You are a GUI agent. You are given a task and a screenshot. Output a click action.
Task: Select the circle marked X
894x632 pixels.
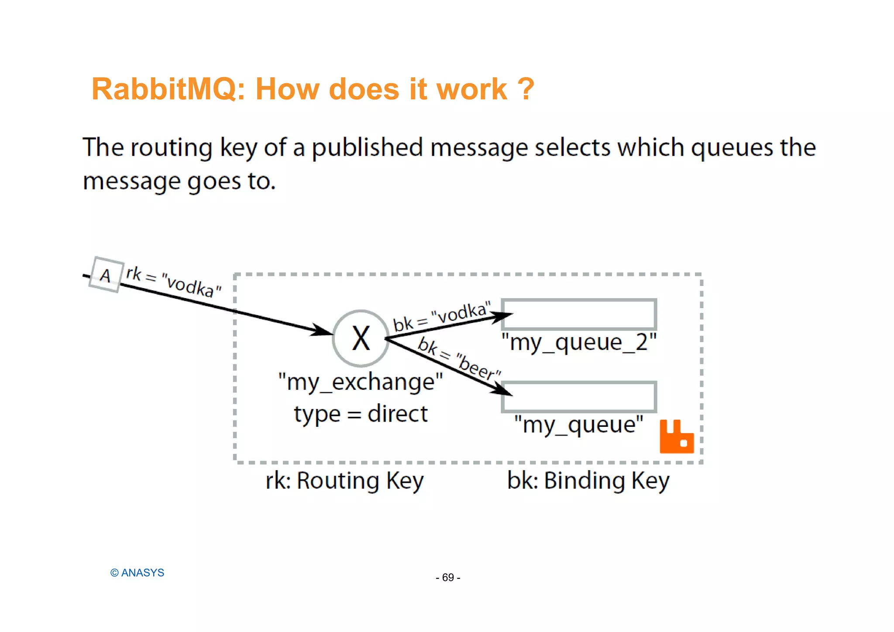tap(361, 338)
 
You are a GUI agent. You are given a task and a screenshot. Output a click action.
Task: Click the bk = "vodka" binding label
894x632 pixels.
tap(441, 316)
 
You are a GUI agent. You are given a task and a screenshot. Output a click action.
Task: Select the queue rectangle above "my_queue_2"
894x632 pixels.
tap(579, 314)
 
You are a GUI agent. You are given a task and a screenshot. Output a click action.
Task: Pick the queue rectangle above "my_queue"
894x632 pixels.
tap(579, 397)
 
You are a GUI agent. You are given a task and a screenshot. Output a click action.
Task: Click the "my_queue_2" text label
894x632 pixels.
tap(579, 342)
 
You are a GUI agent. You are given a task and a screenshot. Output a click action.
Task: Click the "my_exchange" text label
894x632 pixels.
tap(361, 382)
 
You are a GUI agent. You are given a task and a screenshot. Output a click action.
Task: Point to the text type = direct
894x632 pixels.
tap(361, 414)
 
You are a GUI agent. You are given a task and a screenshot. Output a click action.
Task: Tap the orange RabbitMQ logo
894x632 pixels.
tap(676, 436)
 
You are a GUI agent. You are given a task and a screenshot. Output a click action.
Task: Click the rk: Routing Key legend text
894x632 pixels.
tap(344, 481)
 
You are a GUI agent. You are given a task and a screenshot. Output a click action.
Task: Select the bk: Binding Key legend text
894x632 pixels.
tap(588, 481)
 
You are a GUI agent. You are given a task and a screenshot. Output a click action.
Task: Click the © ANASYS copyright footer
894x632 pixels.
tap(137, 573)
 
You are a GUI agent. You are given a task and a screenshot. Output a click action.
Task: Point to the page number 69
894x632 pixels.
tap(448, 577)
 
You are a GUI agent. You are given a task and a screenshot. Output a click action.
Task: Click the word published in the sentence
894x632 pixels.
tap(367, 148)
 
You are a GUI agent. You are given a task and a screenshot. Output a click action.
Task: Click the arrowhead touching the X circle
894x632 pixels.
tap(322, 330)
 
